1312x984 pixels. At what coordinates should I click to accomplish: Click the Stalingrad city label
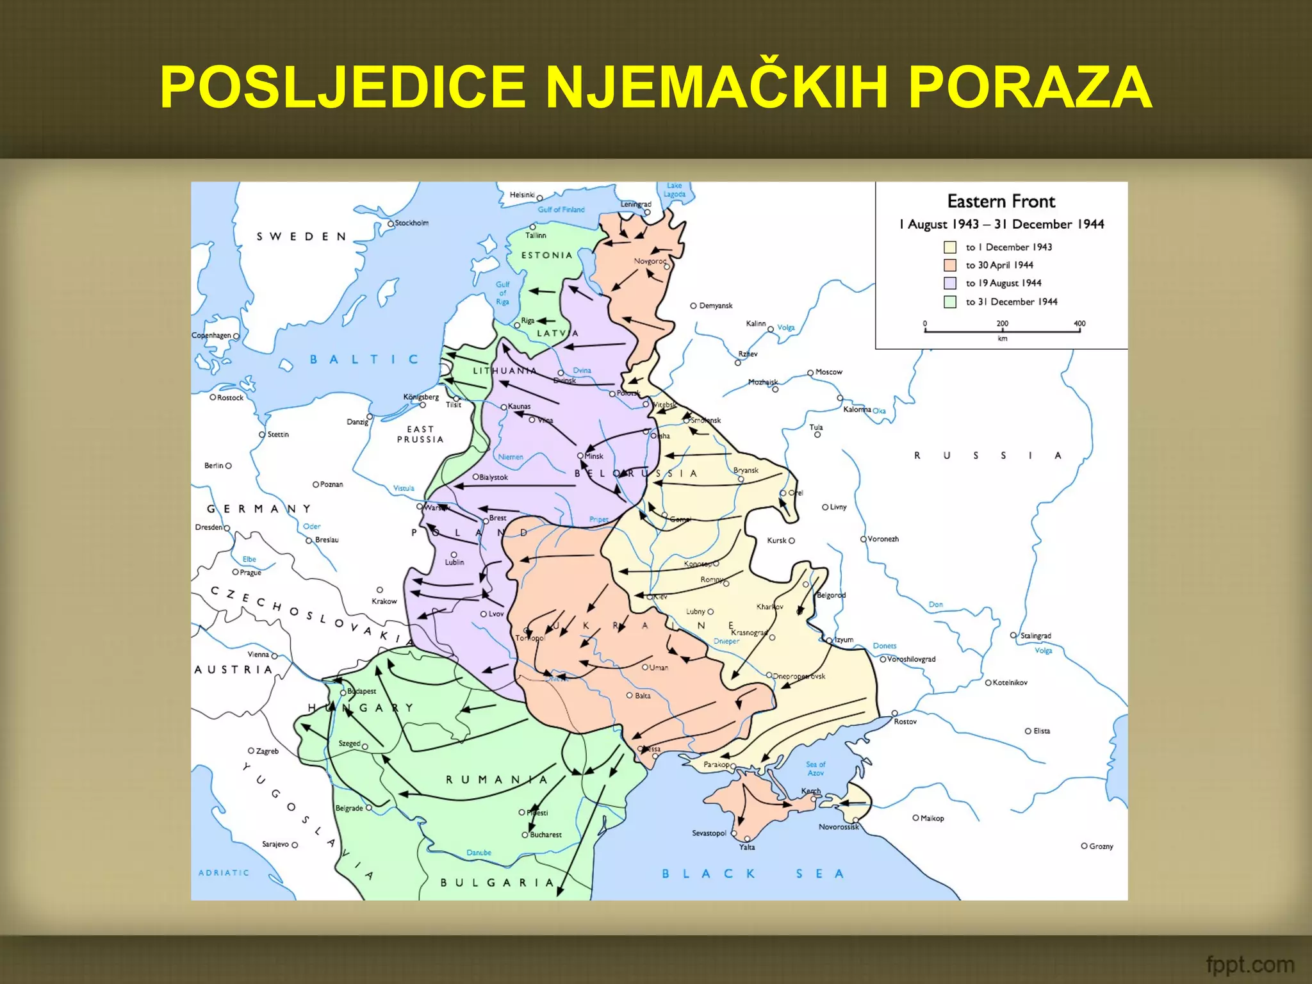pyautogui.click(x=1035, y=635)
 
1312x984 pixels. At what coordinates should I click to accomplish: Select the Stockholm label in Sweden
pyautogui.click(x=411, y=223)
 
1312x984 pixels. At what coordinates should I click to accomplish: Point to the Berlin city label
pyautogui.click(x=213, y=466)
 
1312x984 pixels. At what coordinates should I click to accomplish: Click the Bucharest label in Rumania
pyautogui.click(x=545, y=835)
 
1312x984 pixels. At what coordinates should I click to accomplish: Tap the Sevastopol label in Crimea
pyautogui.click(x=709, y=833)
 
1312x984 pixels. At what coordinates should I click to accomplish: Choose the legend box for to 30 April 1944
pyautogui.click(x=950, y=265)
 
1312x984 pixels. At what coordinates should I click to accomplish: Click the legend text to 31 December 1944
pyautogui.click(x=1011, y=302)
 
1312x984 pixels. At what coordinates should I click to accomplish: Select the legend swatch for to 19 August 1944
pyautogui.click(x=950, y=283)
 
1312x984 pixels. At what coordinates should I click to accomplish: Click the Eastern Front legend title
pyautogui.click(x=1001, y=202)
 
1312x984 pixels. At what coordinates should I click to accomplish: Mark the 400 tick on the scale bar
pyautogui.click(x=1079, y=324)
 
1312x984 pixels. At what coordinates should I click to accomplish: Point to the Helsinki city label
pyautogui.click(x=522, y=195)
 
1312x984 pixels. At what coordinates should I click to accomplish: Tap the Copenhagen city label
pyautogui.click(x=211, y=336)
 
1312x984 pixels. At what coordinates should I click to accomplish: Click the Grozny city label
pyautogui.click(x=1101, y=846)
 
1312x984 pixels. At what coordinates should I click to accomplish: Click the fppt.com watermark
pyautogui.click(x=1249, y=963)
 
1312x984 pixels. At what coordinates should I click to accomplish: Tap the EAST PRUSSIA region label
pyautogui.click(x=420, y=434)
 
